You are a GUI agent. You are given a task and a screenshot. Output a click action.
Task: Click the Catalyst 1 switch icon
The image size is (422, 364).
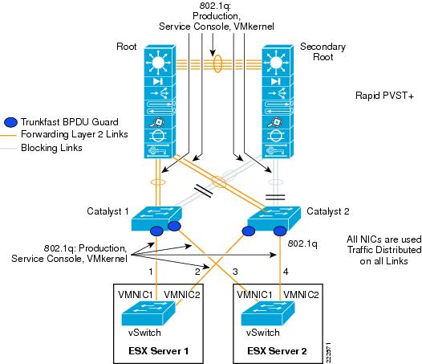point(156,219)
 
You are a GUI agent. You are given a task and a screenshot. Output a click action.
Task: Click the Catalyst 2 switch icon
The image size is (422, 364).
point(274,219)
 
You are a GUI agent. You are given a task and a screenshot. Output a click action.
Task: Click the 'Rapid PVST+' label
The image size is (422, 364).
point(384,96)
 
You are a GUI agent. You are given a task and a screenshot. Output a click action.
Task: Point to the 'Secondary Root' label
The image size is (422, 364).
point(323,51)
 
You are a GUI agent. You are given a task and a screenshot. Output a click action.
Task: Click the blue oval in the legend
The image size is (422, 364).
point(10,122)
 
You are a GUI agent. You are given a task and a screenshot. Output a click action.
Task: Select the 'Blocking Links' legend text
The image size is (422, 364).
point(51,148)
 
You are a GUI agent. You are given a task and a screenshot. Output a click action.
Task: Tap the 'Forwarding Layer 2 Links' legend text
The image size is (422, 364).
point(75,134)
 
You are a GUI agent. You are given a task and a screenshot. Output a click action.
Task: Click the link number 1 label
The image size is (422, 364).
point(151,272)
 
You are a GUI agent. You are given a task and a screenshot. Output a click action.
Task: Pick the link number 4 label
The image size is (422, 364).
point(286,272)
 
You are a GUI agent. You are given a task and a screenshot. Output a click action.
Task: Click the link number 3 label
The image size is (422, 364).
point(235,272)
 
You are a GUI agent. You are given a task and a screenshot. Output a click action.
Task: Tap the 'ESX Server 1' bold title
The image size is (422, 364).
point(159,351)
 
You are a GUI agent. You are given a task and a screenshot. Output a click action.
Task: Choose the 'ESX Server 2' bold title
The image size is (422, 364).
point(277,351)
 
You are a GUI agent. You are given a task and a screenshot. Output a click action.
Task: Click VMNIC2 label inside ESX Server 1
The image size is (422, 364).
point(182,295)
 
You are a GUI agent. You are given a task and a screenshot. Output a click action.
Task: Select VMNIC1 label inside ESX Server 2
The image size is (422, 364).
point(254,295)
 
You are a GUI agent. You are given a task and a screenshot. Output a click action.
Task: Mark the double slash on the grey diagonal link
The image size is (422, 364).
point(204,190)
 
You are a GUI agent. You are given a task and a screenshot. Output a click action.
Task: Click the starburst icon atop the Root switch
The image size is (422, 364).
point(158,63)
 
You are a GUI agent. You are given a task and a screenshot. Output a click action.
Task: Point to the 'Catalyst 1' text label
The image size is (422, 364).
point(108,211)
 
